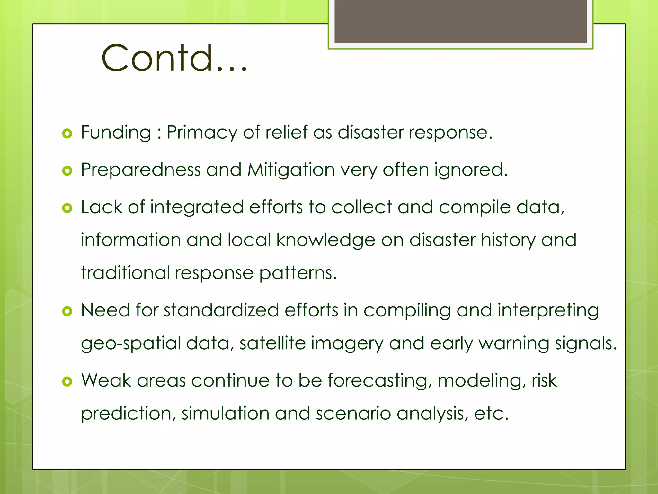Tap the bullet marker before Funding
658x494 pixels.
click(67, 133)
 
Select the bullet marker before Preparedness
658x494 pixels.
click(67, 171)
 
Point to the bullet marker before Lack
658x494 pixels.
click(67, 208)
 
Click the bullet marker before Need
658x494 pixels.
click(67, 311)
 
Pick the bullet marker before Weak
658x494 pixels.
click(67, 381)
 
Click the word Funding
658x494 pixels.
click(116, 133)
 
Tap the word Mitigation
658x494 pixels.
click(291, 170)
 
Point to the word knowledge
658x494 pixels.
click(326, 240)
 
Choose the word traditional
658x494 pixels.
click(125, 273)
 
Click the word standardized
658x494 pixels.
click(221, 310)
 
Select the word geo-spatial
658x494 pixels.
click(131, 343)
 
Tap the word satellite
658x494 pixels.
click(272, 343)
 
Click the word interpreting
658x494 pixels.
click(548, 311)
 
